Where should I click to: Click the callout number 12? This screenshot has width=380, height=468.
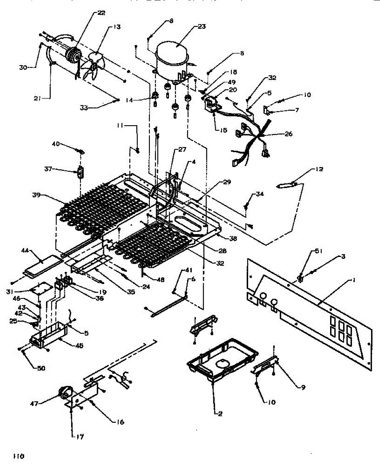[x=320, y=169]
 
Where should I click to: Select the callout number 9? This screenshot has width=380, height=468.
[x=303, y=387]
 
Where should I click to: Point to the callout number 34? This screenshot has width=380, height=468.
[x=260, y=194]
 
